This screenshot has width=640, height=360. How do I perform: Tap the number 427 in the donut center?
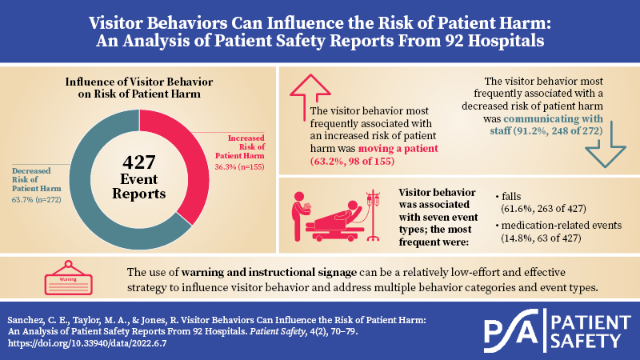click(x=139, y=162)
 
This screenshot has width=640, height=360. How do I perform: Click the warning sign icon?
click(x=68, y=278)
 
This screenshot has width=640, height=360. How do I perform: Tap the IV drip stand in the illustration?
click(x=373, y=215)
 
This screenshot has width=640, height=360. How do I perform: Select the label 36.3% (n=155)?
click(x=239, y=167)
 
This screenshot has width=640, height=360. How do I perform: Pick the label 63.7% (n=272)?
click(x=37, y=199)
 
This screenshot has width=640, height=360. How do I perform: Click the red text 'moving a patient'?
click(x=398, y=148)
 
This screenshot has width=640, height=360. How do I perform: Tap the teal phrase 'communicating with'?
click(x=553, y=118)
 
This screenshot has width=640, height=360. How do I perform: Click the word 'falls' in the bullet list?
click(x=511, y=196)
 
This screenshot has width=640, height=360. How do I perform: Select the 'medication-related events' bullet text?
click(x=562, y=226)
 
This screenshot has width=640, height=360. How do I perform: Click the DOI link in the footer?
click(x=87, y=343)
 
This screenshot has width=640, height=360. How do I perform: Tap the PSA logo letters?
click(x=511, y=330)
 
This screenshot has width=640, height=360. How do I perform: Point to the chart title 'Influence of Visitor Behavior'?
click(x=139, y=82)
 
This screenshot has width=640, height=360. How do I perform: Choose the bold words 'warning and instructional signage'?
click(x=269, y=272)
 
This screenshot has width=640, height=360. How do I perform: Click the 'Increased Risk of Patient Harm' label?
click(x=240, y=147)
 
